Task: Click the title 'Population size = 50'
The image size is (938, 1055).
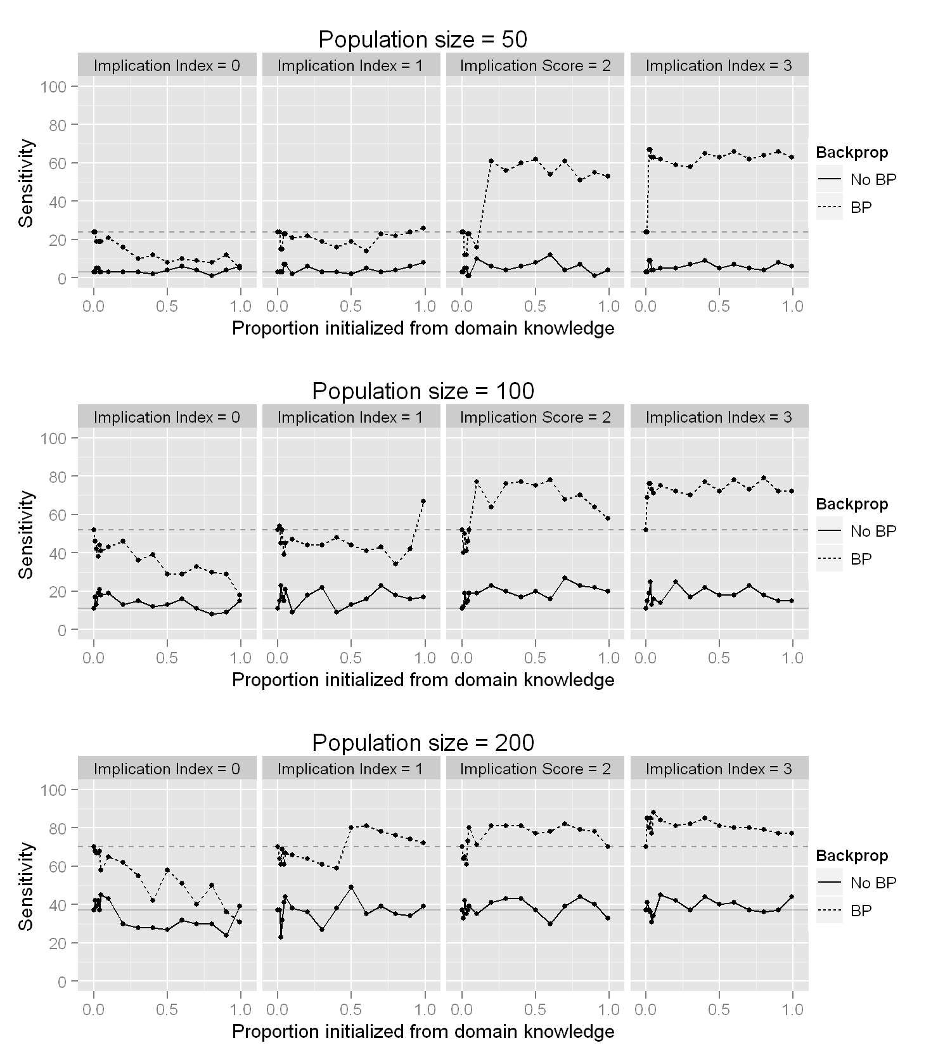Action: point(423,39)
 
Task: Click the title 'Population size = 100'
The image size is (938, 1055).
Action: point(423,391)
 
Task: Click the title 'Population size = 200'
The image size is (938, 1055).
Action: point(423,743)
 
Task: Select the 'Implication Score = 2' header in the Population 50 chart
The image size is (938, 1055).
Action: point(536,65)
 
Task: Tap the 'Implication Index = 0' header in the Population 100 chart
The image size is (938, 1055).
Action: point(167,417)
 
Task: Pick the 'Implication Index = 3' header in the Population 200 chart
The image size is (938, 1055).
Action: point(719,769)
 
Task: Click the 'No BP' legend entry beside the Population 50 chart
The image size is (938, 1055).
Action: point(873,179)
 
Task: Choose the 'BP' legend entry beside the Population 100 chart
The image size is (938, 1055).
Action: point(861,559)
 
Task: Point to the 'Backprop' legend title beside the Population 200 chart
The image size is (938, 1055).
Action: point(852,855)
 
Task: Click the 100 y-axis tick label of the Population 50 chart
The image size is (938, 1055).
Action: point(54,86)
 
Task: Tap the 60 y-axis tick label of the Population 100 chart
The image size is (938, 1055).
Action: point(58,515)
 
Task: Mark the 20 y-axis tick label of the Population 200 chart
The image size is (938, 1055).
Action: point(58,943)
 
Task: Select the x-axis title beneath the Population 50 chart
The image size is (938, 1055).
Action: point(423,328)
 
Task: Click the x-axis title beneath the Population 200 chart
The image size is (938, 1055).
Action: point(423,1032)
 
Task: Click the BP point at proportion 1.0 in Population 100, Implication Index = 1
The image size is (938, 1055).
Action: point(423,501)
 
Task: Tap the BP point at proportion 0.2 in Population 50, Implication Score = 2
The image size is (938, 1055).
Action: point(491,161)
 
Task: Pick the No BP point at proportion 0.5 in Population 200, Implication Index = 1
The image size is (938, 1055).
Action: point(350,887)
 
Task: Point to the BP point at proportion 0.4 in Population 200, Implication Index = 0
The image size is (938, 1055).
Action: point(152,900)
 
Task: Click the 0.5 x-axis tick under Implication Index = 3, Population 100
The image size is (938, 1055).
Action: point(719,658)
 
